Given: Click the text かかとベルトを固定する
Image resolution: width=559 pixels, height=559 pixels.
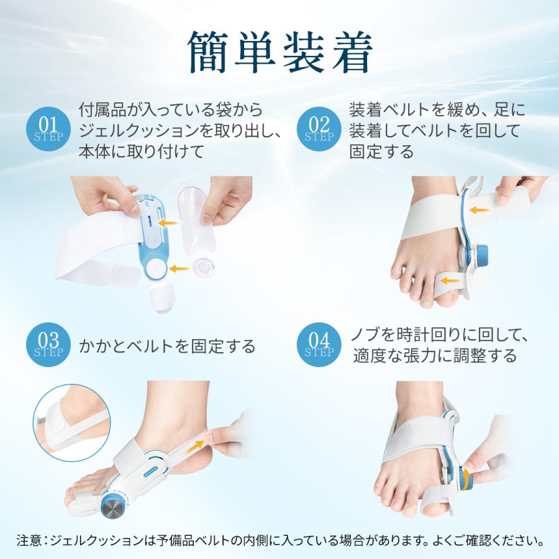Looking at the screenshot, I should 167,346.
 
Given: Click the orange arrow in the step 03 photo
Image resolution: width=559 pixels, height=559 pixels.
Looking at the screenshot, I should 198,443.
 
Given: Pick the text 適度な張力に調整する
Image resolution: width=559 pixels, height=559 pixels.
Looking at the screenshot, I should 435,356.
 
